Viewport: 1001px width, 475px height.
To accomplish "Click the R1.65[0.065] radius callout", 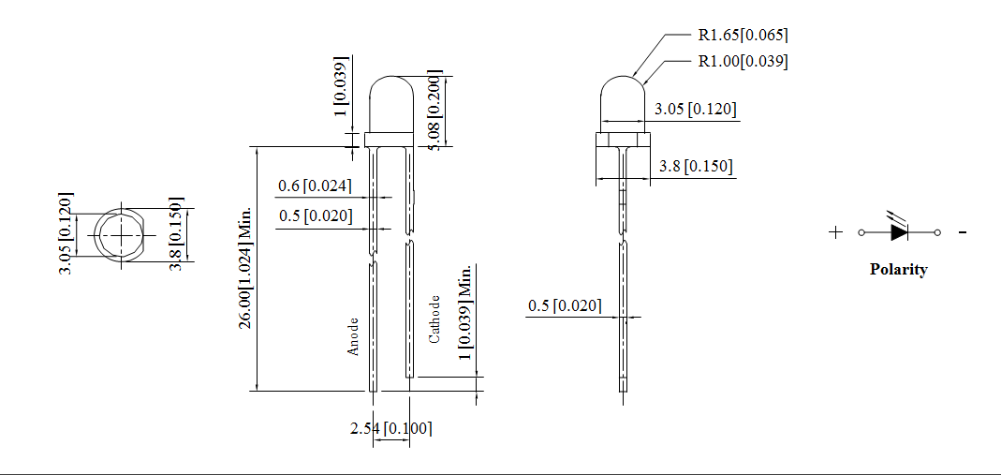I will (743, 36).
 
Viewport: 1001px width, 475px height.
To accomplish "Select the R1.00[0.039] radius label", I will (743, 62).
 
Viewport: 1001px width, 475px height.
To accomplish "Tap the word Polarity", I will (898, 270).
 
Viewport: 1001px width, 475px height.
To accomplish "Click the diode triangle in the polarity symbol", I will (898, 231).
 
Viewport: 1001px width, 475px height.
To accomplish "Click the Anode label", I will (353, 335).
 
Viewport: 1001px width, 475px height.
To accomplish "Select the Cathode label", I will (434, 319).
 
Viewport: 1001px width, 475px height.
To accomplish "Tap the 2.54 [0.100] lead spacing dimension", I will (390, 428).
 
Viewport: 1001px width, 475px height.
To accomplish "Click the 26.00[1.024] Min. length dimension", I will (245, 267).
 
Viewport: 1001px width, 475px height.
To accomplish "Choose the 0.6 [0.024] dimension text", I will (316, 186).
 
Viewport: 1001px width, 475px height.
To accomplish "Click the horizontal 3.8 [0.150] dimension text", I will (696, 166).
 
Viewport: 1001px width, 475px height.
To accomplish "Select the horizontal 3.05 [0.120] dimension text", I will (695, 110).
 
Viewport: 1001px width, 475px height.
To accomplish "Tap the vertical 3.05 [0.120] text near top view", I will (66, 234).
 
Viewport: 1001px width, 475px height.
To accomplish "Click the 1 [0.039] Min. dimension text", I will (464, 312).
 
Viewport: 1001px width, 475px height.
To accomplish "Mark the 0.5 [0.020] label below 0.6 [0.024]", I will (316, 216).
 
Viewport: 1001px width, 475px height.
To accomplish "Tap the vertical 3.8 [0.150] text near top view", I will (175, 234).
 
